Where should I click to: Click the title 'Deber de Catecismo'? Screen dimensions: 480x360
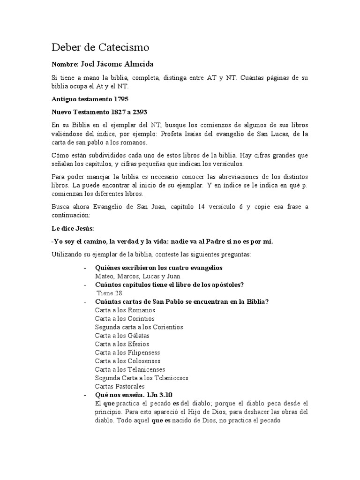click(x=100, y=47)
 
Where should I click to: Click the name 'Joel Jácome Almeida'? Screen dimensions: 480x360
click(x=117, y=64)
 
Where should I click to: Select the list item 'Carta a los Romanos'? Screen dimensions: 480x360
click(x=125, y=310)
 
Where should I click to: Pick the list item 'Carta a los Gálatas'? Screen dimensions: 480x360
click(x=123, y=335)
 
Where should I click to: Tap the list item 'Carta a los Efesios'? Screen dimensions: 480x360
click(x=121, y=344)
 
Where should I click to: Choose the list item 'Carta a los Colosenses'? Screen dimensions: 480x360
click(x=127, y=361)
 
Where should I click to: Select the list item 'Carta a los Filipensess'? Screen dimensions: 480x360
click(x=127, y=352)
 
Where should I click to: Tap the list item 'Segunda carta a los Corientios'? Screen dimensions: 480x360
click(x=139, y=327)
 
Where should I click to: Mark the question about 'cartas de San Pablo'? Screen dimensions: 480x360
click(x=181, y=301)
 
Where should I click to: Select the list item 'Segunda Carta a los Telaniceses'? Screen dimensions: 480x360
click(x=142, y=378)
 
